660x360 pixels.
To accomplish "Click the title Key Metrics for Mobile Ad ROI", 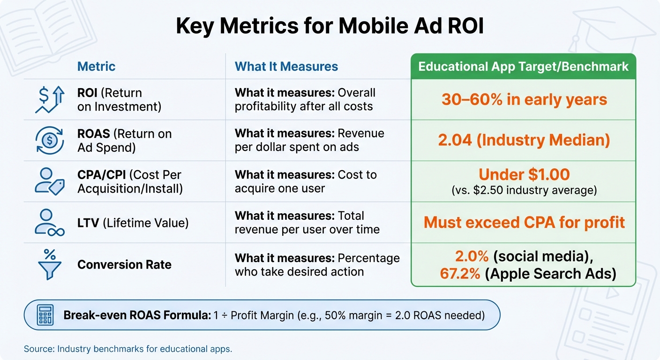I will point(330,27).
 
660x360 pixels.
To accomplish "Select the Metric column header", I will point(96,67).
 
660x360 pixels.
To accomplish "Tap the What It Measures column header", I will point(286,67).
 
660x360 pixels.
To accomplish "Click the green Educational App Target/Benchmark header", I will point(523,66).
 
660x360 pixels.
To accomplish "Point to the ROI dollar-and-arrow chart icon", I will point(50,99).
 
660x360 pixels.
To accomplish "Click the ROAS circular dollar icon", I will point(50,140).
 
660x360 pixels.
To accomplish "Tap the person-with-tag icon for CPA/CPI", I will point(50,181).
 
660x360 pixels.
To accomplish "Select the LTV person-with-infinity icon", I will point(50,222).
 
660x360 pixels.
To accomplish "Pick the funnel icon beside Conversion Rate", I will point(50,263).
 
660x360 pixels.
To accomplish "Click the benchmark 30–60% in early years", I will point(524,99).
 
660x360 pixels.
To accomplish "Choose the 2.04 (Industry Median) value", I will point(524,140).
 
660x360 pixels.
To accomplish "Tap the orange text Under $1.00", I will point(524,175).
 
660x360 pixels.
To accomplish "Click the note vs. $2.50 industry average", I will point(524,190).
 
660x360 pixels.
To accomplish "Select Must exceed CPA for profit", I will point(524,222).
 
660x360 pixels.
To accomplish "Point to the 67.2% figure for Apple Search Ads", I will point(460,273).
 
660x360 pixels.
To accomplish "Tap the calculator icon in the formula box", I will point(45,315).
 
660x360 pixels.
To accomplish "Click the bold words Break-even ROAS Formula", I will point(137,315).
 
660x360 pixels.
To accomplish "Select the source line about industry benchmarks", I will point(128,349).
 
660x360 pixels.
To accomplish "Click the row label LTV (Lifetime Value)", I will point(133,223).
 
